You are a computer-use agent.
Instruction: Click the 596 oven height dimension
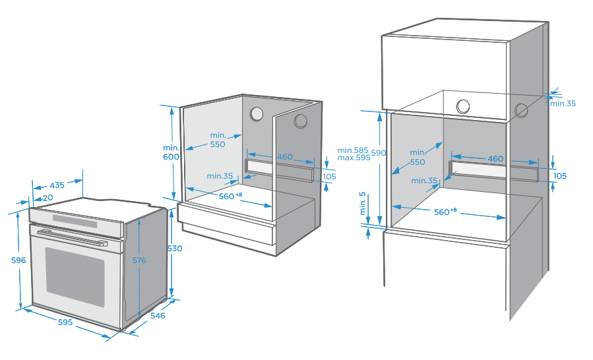(18, 260)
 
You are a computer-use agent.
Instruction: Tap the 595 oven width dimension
(65, 322)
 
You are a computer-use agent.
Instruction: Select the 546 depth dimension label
(158, 315)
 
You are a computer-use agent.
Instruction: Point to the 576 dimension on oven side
(139, 260)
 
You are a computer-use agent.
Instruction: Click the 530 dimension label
(175, 249)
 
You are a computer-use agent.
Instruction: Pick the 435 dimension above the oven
(57, 185)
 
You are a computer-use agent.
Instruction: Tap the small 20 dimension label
(48, 197)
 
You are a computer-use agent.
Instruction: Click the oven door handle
(72, 237)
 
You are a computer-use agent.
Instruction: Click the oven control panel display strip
(75, 222)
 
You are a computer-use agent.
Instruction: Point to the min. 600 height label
(171, 152)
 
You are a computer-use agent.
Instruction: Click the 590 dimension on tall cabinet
(379, 153)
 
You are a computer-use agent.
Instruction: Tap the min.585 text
(353, 150)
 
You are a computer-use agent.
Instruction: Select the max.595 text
(354, 158)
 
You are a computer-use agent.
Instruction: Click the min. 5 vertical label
(363, 204)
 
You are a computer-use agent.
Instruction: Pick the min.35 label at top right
(563, 104)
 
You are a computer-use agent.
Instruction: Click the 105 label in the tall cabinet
(560, 176)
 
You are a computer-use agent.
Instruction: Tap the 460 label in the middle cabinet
(285, 156)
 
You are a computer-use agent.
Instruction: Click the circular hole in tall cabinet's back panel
(463, 107)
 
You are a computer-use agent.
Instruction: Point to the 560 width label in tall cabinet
(445, 212)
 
